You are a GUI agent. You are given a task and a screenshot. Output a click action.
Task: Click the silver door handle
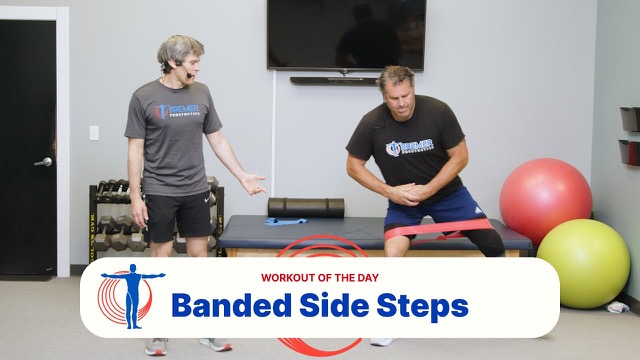43,162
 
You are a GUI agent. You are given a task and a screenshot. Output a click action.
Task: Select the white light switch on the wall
94,133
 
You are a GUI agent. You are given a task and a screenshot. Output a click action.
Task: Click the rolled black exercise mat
306,207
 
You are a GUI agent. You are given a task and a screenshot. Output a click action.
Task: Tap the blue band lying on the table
286,222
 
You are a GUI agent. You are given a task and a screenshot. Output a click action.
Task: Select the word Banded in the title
231,305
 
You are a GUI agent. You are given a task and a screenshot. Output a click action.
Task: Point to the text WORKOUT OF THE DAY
320,278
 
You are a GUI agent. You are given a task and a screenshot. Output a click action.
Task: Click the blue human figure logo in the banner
132,296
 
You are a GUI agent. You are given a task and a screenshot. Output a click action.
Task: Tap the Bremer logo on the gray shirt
177,111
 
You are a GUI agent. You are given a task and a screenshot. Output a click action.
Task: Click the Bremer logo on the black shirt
409,147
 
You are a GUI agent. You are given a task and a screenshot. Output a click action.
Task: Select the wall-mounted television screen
347,35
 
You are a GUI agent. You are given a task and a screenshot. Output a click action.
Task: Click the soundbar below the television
333,81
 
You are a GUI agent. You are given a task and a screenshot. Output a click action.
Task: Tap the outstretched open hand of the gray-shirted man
254,184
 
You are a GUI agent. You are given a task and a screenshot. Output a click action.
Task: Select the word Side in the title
334,305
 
